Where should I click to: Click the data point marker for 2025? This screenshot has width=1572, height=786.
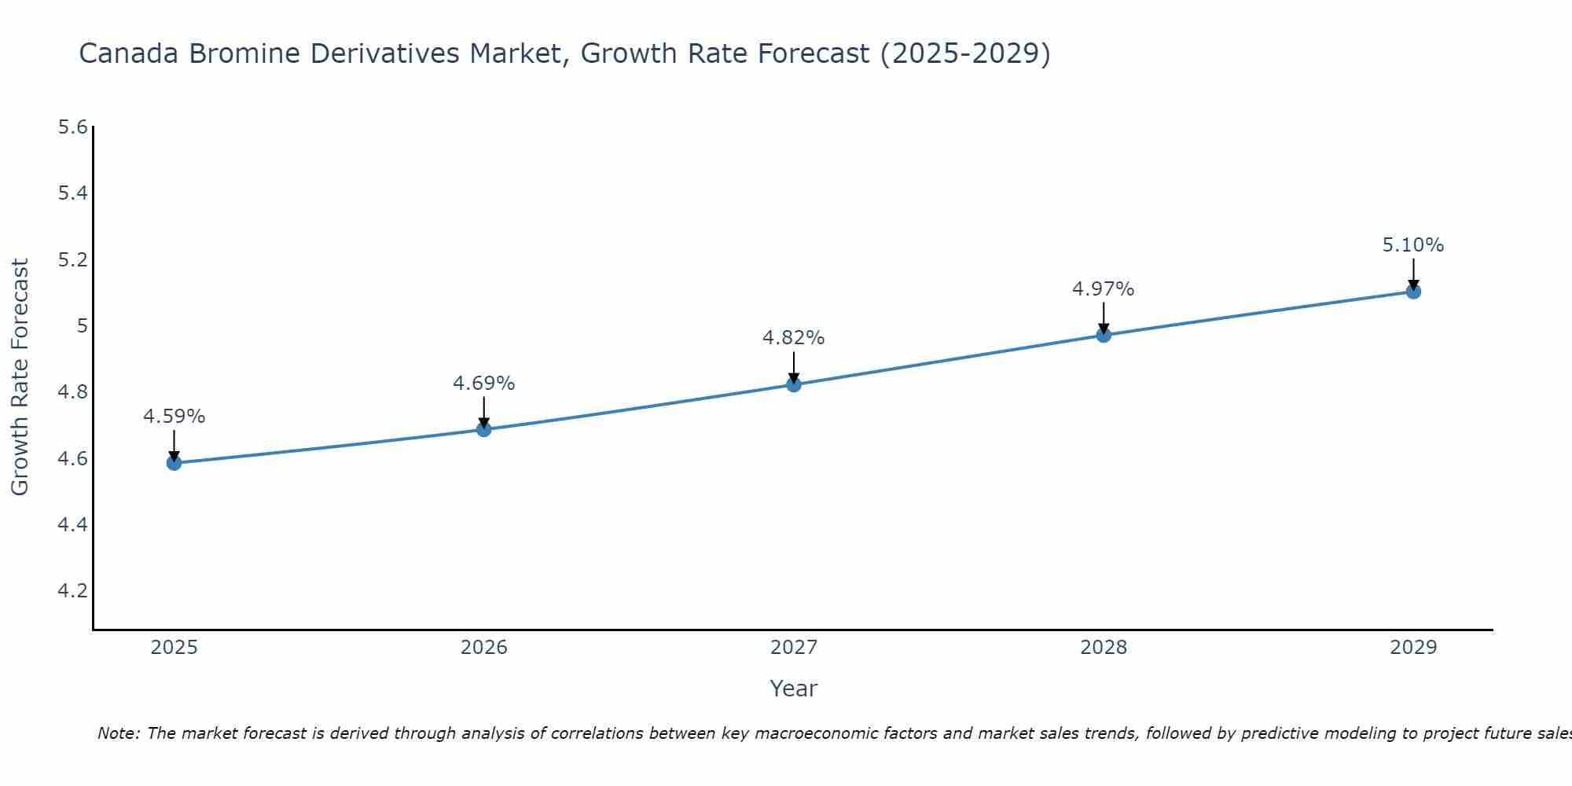pos(174,463)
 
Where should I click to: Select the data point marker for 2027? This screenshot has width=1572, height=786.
pos(794,384)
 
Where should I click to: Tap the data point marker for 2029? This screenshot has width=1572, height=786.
pos(1413,292)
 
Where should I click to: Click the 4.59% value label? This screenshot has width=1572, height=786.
pos(174,417)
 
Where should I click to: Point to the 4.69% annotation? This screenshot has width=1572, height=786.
pos(483,384)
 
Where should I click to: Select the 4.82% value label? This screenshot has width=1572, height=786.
pos(793,338)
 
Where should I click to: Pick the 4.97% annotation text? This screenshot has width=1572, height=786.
pos(1103,289)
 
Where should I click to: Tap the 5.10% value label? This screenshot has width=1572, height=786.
pos(1412,245)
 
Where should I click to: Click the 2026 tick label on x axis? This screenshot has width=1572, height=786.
pos(483,648)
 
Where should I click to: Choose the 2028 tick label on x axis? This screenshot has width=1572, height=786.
pos(1103,648)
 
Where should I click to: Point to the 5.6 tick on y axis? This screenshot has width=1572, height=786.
pos(73,127)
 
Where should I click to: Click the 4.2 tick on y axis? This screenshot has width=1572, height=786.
pos(73,590)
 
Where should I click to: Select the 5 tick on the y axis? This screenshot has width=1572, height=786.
pos(81,325)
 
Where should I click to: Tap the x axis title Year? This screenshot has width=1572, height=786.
pos(793,689)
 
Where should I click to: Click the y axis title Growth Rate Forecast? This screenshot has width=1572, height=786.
pos(20,377)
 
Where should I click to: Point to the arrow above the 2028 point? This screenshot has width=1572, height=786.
pos(1104,318)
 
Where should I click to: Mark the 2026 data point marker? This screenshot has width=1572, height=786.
pos(483,429)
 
